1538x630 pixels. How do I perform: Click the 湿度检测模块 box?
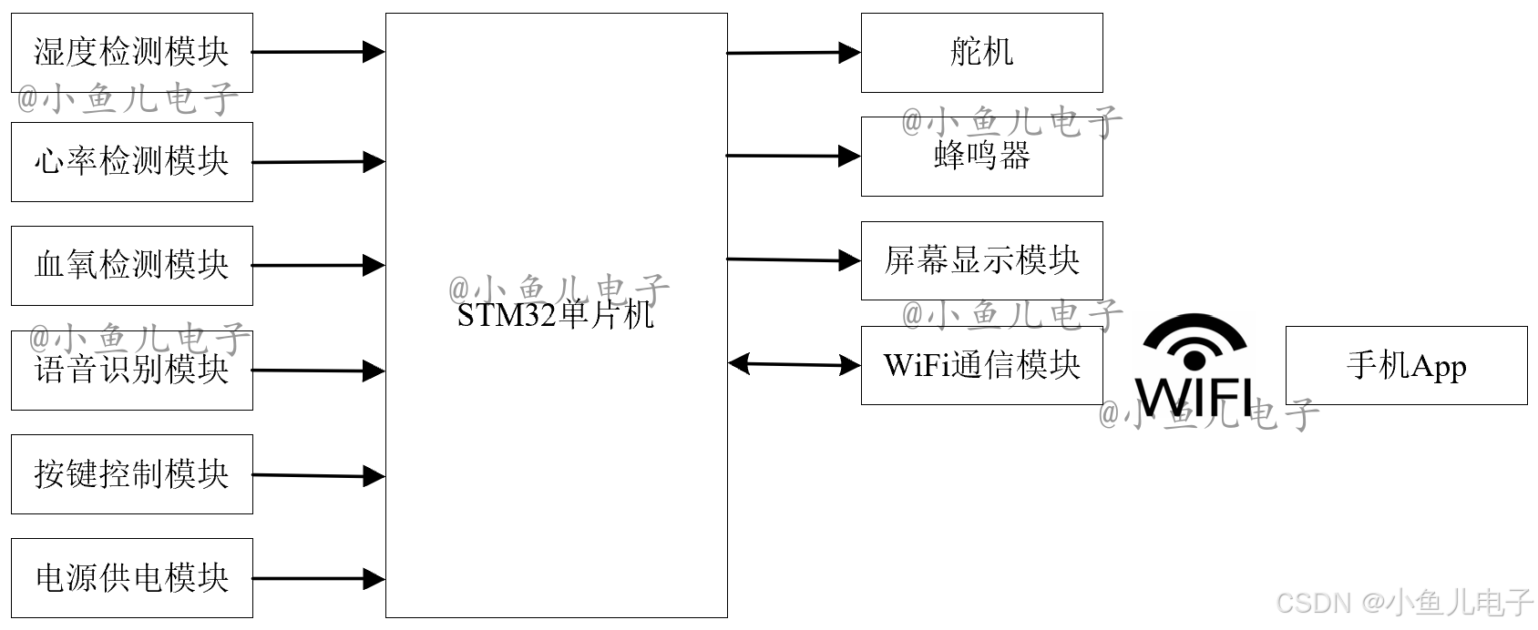[131, 53]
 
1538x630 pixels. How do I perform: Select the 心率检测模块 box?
[131, 162]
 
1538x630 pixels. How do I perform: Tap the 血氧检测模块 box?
[131, 266]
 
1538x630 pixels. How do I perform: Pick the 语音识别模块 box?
[131, 371]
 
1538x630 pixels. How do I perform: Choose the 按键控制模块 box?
[131, 474]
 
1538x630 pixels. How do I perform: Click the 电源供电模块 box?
[131, 578]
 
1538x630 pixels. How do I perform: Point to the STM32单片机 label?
[556, 315]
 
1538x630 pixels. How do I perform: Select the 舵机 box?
[981, 53]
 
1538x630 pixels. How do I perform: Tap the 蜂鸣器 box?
[981, 157]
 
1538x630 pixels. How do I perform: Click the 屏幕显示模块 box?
[981, 261]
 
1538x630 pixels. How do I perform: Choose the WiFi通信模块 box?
[981, 365]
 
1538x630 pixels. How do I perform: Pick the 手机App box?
[1406, 365]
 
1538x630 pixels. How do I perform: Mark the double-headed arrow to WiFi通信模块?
[795, 365]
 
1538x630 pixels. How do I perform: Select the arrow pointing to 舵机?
[794, 53]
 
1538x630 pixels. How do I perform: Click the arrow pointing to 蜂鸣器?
[794, 157]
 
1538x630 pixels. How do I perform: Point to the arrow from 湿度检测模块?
[318, 52]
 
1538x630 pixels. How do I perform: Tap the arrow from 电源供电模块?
[318, 578]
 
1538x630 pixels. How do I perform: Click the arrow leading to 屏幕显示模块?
[794, 260]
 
